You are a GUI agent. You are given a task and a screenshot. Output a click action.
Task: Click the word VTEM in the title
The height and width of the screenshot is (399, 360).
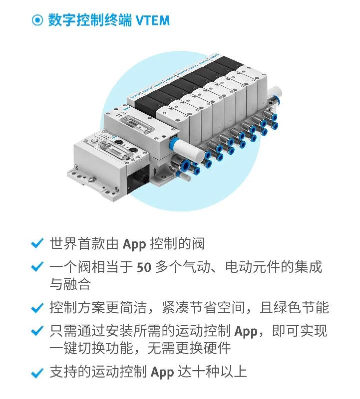click(x=152, y=20)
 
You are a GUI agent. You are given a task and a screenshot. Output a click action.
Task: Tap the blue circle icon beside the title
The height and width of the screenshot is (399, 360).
click(x=37, y=20)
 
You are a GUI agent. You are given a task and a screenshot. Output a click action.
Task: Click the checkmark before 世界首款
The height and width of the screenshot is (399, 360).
click(x=37, y=243)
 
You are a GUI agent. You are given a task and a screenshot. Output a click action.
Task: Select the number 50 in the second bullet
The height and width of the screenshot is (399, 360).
click(x=144, y=267)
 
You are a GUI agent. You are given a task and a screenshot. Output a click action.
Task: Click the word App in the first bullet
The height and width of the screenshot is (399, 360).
click(x=134, y=244)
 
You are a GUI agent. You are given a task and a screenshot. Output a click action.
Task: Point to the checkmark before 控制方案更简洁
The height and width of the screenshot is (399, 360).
click(x=37, y=308)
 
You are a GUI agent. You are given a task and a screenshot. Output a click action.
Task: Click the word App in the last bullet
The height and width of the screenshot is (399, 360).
click(x=162, y=373)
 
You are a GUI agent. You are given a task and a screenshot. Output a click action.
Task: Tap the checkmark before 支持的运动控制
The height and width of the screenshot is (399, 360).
click(x=37, y=373)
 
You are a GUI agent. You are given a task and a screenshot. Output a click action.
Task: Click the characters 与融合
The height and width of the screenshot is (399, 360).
click(x=70, y=284)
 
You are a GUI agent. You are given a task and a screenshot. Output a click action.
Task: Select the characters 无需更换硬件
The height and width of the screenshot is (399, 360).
click(x=189, y=348)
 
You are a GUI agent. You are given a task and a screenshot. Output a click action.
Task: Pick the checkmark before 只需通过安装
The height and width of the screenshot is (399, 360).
click(x=37, y=331)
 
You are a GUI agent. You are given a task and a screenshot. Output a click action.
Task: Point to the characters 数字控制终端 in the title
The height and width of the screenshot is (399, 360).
click(x=90, y=20)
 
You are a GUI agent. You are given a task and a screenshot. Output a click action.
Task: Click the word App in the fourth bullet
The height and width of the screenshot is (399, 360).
click(x=246, y=332)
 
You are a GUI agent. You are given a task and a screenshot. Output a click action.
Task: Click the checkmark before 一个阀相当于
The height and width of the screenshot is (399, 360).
click(x=37, y=267)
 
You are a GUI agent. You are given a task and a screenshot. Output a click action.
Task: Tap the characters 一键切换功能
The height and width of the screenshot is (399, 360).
click(x=91, y=348)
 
